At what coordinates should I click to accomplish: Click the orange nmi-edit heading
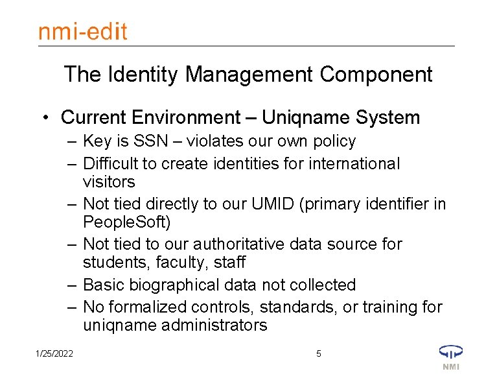coord(82,31)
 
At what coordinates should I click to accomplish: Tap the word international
coord(351,163)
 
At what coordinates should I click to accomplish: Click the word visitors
coord(109,182)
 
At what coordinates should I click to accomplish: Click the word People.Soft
coord(126,222)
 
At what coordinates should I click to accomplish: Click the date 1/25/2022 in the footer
coord(54,353)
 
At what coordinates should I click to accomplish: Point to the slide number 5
coord(318,353)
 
